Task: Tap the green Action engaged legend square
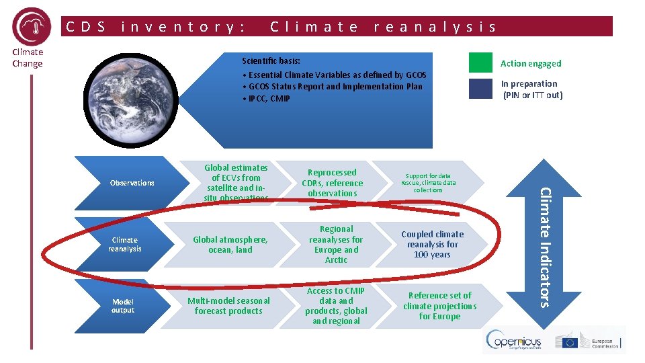tap(480, 63)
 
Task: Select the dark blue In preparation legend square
tap(480, 89)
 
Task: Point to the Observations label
tap(132, 183)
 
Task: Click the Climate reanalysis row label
tap(125, 244)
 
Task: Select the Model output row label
tap(123, 306)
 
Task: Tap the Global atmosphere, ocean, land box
tap(230, 245)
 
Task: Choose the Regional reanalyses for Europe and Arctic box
tap(336, 245)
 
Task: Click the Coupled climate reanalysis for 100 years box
tap(432, 245)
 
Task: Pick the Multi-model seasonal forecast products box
tap(228, 306)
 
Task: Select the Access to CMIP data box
tap(336, 306)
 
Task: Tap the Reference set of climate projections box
tap(440, 306)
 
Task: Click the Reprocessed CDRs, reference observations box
tap(332, 183)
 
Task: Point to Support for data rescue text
tap(428, 183)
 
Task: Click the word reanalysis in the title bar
tap(435, 27)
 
